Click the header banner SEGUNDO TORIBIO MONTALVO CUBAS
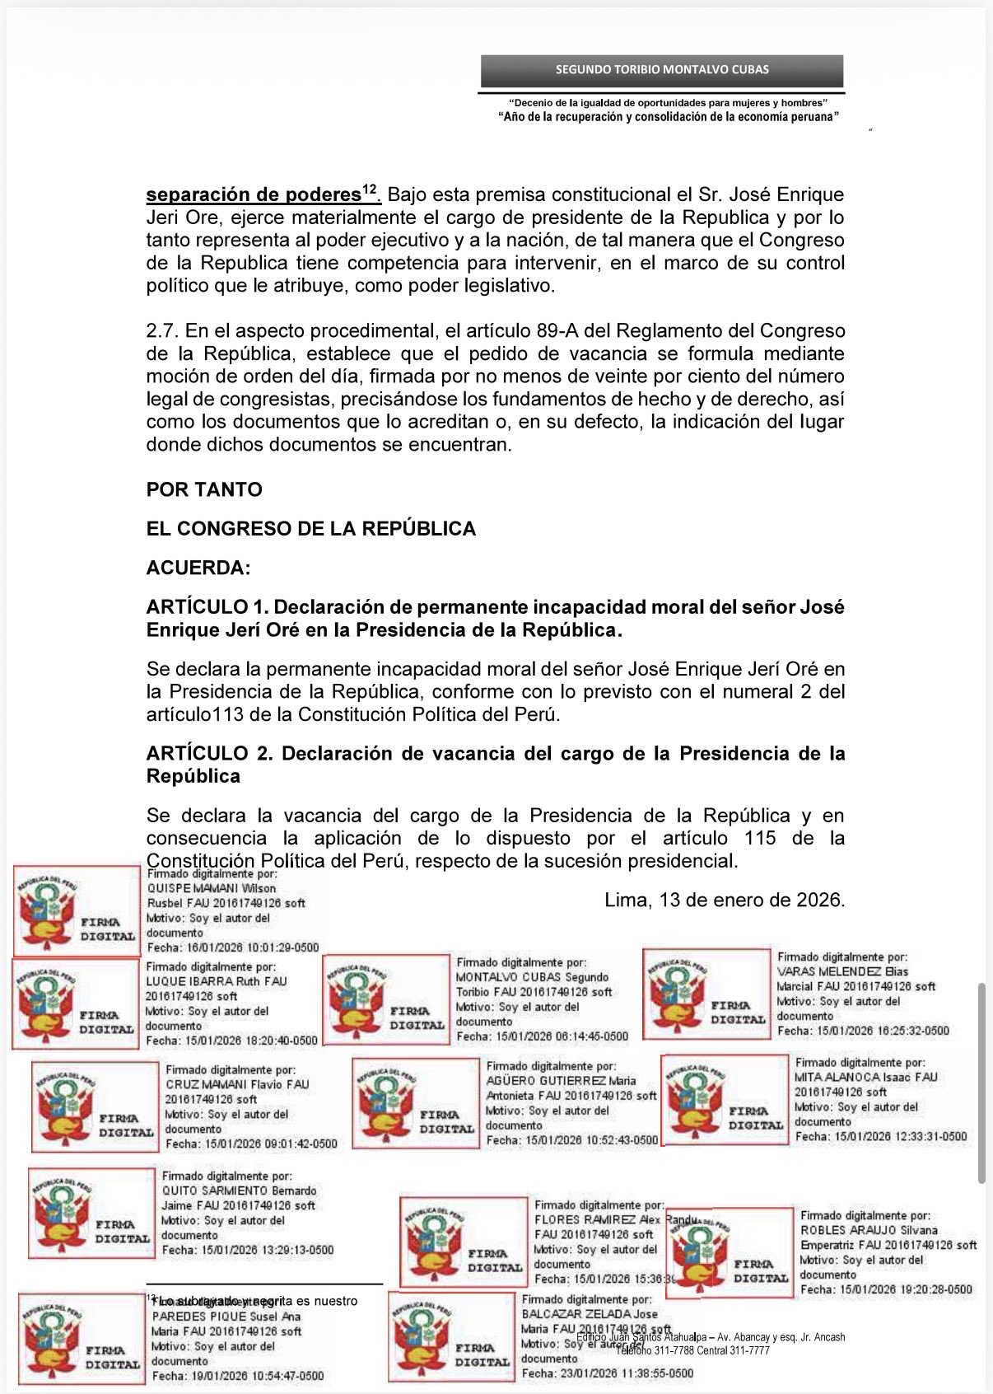[662, 70]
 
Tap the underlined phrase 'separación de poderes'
[254, 195]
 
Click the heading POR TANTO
[204, 489]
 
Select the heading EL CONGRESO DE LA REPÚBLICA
[310, 529]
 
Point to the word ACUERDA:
[198, 568]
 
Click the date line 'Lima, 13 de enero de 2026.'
[725, 900]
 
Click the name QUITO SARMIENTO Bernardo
[239, 1191]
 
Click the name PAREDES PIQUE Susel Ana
[226, 1316]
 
